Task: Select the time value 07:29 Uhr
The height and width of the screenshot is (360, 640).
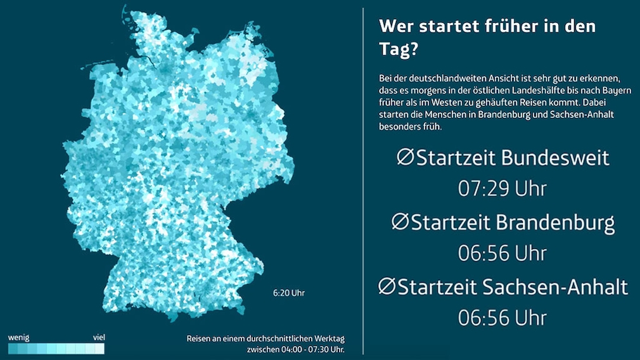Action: click(x=502, y=188)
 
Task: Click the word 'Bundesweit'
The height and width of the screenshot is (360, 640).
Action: click(x=555, y=158)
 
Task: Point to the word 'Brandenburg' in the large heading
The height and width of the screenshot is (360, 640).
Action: click(x=555, y=223)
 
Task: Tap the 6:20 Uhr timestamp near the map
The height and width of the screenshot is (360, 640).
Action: click(x=289, y=293)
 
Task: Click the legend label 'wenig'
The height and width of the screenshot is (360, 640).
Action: click(x=18, y=337)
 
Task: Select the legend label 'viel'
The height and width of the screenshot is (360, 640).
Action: click(x=98, y=337)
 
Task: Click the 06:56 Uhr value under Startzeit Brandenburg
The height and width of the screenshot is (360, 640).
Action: click(x=502, y=253)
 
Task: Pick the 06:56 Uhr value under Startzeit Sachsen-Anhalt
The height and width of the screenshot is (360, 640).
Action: click(x=502, y=318)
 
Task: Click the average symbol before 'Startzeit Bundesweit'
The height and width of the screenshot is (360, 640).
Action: click(x=405, y=157)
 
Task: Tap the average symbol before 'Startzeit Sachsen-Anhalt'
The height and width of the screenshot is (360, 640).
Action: click(x=387, y=286)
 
